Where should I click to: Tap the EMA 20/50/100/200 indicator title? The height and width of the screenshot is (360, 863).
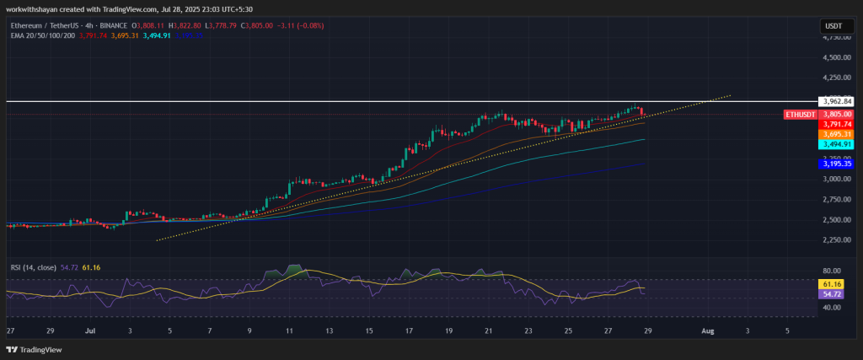tap(38, 35)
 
